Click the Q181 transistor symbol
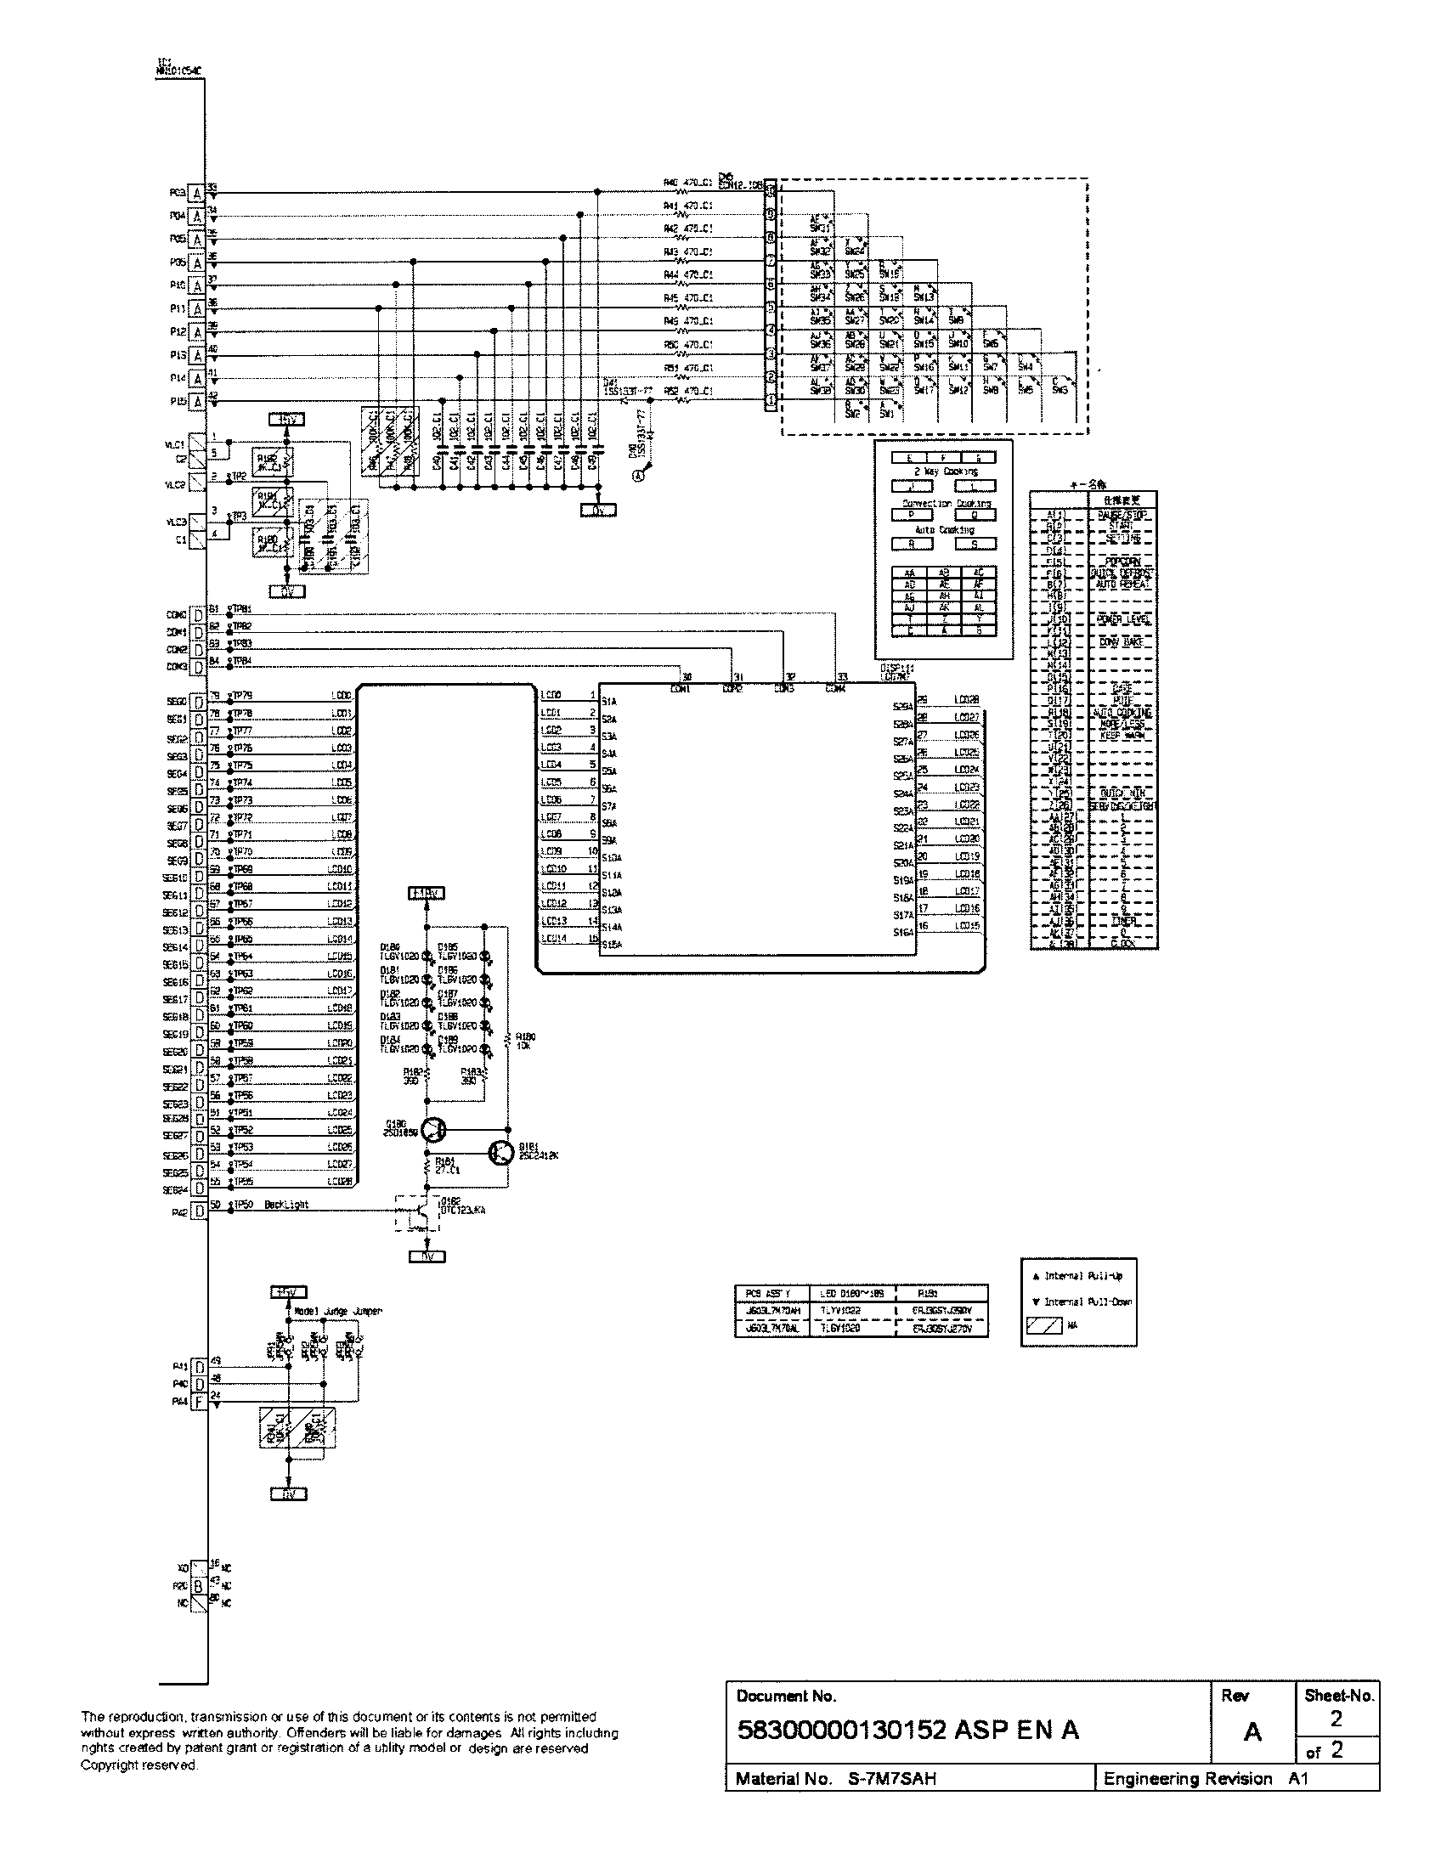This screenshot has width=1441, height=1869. click(x=500, y=1153)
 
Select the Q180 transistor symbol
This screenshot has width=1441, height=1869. click(x=435, y=1130)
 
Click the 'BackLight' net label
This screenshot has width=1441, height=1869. click(x=286, y=1204)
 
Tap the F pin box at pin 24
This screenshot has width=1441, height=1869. click(x=199, y=1402)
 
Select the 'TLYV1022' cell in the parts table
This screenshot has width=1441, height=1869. click(x=840, y=1310)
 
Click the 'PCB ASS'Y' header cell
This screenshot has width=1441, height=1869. click(x=768, y=1293)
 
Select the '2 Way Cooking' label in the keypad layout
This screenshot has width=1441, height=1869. click(x=946, y=471)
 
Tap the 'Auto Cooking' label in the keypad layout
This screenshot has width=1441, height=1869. click(x=944, y=530)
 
